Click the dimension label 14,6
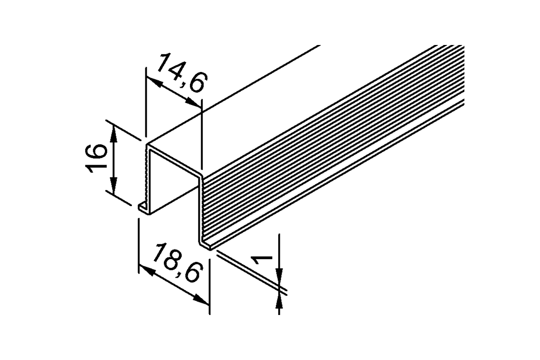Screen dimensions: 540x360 coord(183,73)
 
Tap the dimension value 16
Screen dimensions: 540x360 coord(96,158)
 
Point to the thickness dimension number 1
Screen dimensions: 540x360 coord(261,260)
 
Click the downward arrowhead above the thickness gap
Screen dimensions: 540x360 coord(279,278)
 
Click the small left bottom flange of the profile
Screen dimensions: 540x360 coord(143,208)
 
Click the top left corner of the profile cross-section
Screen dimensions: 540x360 coord(147,145)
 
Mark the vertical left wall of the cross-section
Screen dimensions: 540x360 coord(148,179)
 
